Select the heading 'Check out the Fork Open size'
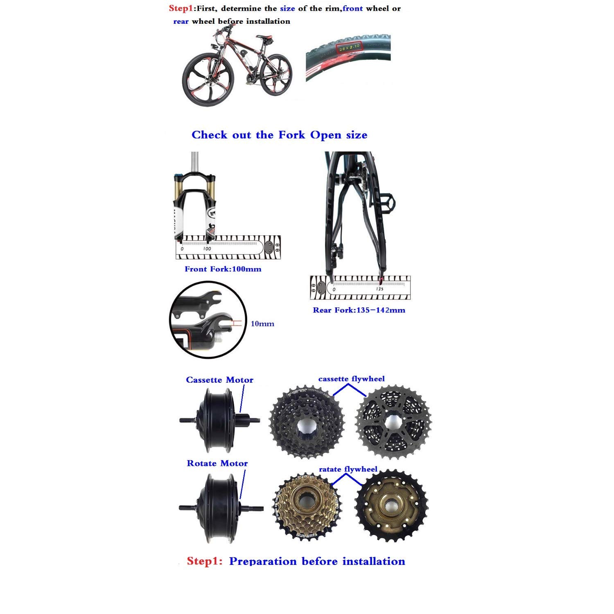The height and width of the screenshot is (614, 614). pos(279,135)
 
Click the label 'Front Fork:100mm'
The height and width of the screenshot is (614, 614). pos(223,269)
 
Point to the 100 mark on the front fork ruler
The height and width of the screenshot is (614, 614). pos(207,248)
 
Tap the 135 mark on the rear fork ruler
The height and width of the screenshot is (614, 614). pos(379,289)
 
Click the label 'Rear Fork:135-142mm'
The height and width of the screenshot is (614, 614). pos(359,310)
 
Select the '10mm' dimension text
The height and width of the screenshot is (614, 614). pos(262,324)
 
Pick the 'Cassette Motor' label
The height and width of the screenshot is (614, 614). pos(219,380)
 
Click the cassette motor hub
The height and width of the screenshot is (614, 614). pos(217,420)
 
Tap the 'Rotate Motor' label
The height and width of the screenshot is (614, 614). pos(217,463)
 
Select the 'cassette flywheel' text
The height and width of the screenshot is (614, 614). pos(351,379)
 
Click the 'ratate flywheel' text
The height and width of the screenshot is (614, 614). pos(348,469)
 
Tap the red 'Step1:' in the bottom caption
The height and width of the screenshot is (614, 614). pos(204,561)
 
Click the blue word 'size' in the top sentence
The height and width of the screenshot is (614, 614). pos(287,9)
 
